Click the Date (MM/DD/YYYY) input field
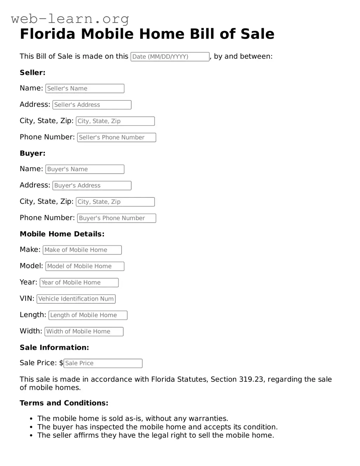tap(170, 57)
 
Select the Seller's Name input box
tap(85, 88)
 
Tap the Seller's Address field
tap(92, 105)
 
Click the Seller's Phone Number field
tap(116, 137)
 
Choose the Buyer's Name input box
tap(85, 169)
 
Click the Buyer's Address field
tap(92, 185)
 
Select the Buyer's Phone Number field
tap(116, 218)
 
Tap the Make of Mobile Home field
tap(82, 250)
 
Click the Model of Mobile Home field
tap(85, 266)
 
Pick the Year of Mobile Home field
tap(79, 283)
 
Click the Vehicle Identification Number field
tap(76, 299)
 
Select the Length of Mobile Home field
tap(88, 315)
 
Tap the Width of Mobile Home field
tap(84, 332)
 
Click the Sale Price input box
tap(103, 363)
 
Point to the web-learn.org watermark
tap(70, 18)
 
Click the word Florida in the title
tap(47, 34)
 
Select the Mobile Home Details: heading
tap(62, 234)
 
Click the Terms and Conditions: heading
tap(64, 403)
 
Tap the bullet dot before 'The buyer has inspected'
tap(31, 427)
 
